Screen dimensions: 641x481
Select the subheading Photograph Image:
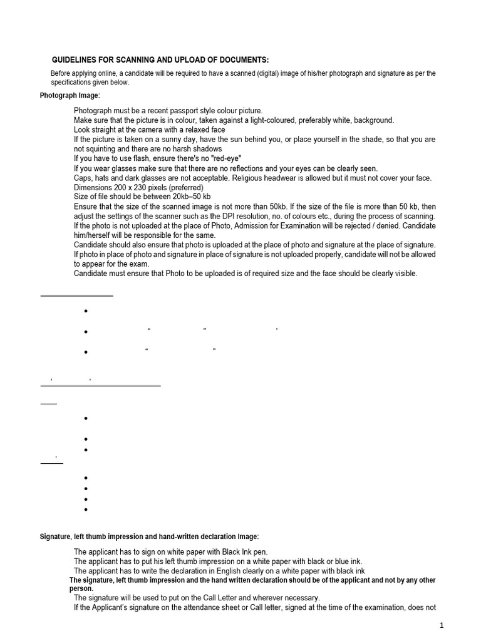point(70,95)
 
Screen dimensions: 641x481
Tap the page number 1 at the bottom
point(441,625)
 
